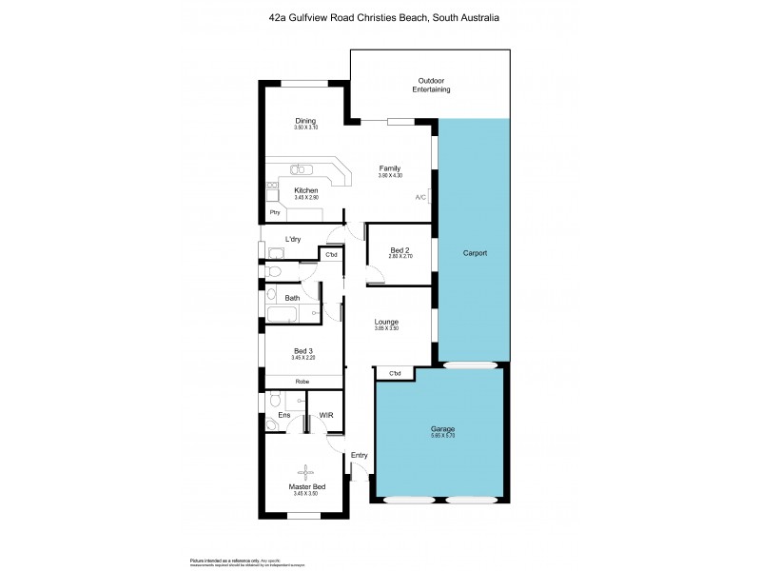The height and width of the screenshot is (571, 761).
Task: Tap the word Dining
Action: (305, 121)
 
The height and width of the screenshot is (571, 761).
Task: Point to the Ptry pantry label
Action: (275, 212)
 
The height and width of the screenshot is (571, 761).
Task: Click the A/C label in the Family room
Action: (420, 198)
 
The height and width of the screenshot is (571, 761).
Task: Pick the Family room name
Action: (390, 168)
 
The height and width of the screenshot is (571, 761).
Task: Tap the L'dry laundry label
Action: (293, 239)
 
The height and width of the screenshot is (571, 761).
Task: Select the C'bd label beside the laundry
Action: (332, 255)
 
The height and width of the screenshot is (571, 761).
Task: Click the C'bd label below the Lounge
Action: (395, 373)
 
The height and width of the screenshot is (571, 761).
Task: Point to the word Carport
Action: (475, 253)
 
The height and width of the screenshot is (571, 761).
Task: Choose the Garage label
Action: (443, 430)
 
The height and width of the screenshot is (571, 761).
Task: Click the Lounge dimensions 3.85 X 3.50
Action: (385, 329)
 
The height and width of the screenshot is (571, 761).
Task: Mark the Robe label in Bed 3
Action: (302, 382)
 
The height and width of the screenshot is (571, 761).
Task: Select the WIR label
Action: (324, 415)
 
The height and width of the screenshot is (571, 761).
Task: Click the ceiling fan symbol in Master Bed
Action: (306, 471)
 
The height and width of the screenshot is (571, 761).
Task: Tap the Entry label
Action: (359, 456)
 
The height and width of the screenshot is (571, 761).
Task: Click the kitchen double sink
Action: (301, 168)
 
